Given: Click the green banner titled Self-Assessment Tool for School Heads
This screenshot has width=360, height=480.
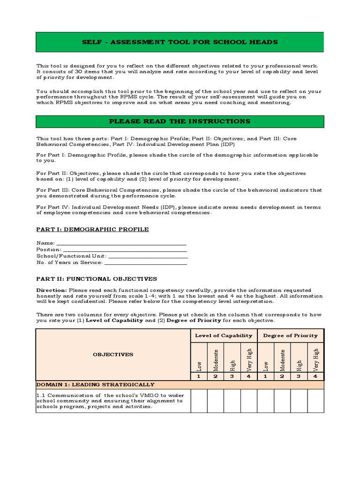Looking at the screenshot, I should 180,42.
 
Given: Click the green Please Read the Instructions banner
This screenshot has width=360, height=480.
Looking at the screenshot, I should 180,121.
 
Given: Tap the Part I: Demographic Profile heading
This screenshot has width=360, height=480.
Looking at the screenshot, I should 92,229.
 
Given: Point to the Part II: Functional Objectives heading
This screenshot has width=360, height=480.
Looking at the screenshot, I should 97,278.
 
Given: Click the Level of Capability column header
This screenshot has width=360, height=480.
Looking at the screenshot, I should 224,335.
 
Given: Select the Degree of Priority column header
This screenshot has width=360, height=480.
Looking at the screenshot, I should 290,335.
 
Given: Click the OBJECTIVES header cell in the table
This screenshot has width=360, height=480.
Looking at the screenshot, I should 112,354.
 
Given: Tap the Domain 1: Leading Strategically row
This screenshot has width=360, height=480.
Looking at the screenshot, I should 180,384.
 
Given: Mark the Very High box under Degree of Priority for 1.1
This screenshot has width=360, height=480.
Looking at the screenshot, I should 315,401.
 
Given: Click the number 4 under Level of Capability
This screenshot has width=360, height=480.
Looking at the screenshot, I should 249,376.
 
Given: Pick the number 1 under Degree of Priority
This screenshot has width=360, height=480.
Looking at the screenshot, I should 265,376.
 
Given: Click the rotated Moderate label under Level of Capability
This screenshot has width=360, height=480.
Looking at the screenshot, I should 216,359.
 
